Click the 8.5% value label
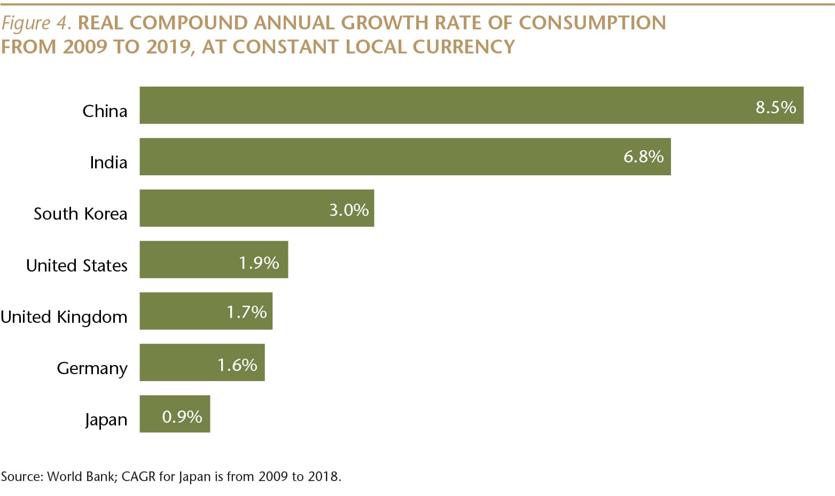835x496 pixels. pos(776,107)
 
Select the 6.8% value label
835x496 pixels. pos(643,157)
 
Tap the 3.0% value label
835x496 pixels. pos(349,210)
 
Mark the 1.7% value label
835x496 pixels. pos(246,312)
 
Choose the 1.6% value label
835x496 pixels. pos(237,365)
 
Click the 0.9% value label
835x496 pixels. pos(182,417)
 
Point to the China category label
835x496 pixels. pos(105,111)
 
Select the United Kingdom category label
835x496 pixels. pos(64,317)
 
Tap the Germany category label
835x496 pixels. pos(92,369)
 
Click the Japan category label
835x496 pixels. pos(106,420)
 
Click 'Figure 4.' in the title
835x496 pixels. pos(36,23)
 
